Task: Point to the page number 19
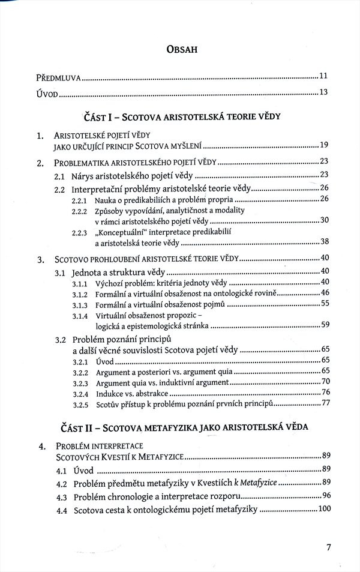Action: point(325,145)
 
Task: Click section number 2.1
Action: point(59,175)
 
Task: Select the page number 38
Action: point(325,242)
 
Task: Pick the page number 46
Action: point(325,293)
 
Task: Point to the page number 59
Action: point(325,325)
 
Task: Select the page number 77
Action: point(325,403)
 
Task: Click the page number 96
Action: point(325,496)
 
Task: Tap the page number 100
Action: point(323,510)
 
